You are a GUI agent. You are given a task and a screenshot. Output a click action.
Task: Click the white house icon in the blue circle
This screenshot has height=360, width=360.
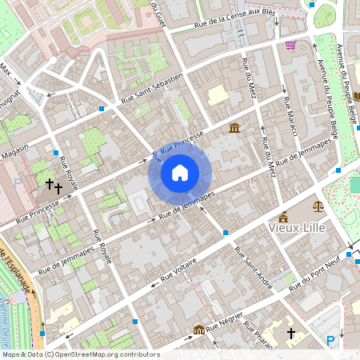(x=180, y=173)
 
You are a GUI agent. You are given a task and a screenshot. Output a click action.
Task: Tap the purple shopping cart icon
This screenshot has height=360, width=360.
(x=290, y=45)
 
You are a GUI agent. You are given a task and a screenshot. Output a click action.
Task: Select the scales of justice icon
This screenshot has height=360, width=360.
(x=318, y=206)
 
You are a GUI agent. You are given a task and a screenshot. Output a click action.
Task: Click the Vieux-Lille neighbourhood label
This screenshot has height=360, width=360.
(x=300, y=226)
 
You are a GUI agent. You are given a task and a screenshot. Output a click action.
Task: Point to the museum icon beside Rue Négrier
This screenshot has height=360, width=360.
(x=198, y=329)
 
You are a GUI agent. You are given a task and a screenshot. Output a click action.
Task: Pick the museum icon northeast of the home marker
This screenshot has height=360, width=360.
(x=234, y=129)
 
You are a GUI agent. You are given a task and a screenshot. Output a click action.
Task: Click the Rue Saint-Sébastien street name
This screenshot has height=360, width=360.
(x=152, y=89)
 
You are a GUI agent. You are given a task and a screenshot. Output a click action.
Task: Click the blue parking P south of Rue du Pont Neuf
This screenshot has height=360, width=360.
(x=331, y=342)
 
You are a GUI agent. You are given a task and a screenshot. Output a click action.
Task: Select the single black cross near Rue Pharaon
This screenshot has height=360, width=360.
(x=291, y=331)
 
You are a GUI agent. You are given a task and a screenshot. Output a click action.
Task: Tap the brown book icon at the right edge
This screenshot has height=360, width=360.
(x=357, y=98)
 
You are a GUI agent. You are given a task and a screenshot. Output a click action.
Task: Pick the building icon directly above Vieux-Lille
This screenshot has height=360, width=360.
(x=283, y=216)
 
